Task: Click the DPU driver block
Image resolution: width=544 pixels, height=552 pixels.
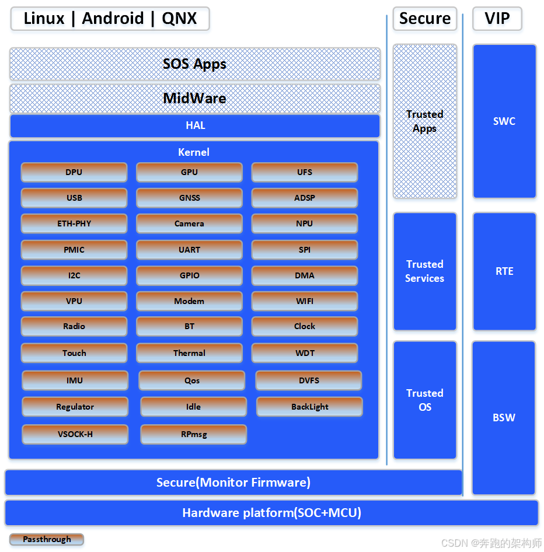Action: [74, 172]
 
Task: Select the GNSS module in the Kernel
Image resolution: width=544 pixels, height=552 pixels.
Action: [189, 198]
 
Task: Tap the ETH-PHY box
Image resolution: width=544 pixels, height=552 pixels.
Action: [74, 223]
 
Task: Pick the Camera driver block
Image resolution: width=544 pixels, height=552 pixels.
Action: [189, 223]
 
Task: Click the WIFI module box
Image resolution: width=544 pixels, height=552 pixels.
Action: [305, 301]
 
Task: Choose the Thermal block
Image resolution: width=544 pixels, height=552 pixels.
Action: [189, 353]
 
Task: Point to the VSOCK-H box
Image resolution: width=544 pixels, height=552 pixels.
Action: [75, 434]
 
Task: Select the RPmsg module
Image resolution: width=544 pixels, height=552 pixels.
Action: [194, 434]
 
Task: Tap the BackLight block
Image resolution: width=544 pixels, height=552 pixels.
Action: [309, 407]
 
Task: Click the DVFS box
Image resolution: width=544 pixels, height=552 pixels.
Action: [309, 380]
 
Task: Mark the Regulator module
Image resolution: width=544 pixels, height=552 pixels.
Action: [75, 407]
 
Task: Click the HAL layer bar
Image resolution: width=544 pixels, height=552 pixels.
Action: [195, 125]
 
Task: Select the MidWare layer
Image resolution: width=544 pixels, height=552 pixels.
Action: [195, 98]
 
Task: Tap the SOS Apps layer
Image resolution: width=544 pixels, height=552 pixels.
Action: [195, 64]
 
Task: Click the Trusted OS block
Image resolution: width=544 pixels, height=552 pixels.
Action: [425, 400]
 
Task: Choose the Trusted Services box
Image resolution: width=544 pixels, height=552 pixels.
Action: [425, 271]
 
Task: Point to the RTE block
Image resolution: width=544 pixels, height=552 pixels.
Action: [504, 271]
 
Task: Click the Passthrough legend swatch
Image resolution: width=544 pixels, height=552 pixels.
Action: [47, 539]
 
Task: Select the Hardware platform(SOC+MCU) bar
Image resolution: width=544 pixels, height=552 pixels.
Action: [272, 513]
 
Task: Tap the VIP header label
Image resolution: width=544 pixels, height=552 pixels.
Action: [497, 19]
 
